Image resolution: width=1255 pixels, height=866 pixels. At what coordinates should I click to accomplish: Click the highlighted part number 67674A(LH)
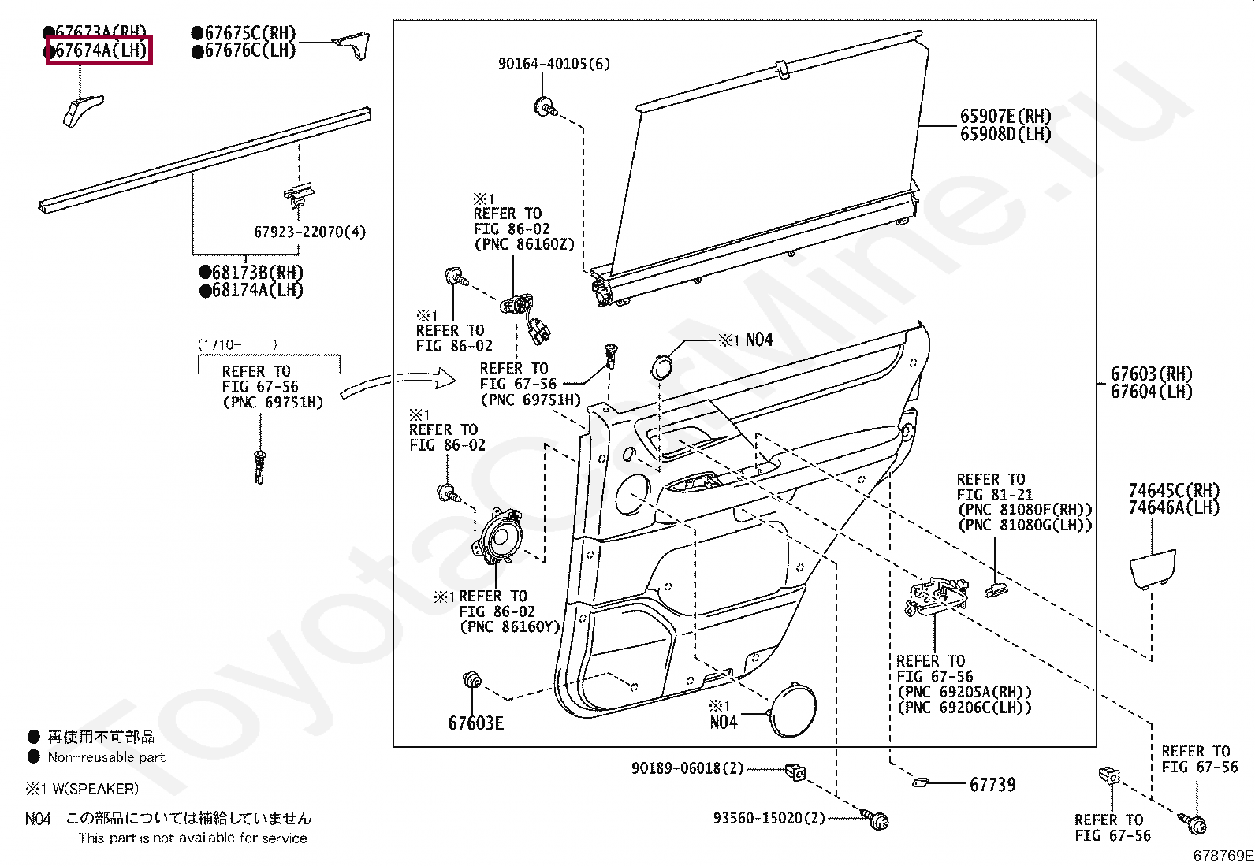99,51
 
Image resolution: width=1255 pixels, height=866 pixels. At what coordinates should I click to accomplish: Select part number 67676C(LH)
244,51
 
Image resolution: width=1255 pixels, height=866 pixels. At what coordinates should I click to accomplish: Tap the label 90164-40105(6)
553,64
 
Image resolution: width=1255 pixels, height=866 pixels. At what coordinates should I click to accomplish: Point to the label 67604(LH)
1151,392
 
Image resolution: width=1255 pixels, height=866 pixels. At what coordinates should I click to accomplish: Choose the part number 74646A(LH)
1173,508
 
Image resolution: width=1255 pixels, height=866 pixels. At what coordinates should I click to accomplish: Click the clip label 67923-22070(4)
309,232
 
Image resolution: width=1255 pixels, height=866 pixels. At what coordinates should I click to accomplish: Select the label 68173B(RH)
251,273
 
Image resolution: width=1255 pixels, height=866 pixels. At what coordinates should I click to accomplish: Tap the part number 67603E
475,723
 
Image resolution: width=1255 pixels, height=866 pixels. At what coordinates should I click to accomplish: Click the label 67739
992,784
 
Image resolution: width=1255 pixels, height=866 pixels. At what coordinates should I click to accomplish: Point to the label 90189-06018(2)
687,768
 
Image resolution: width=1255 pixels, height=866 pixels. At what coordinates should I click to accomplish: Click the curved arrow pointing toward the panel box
398,385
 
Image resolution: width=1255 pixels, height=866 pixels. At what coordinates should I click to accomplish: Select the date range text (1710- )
236,344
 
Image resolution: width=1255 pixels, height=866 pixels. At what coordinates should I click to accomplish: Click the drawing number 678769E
1222,855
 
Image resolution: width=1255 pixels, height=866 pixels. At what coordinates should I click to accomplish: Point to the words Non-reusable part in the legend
106,757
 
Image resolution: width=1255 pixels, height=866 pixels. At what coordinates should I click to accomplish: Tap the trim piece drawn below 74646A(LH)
1152,570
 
